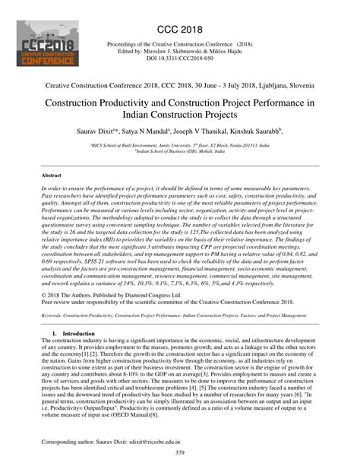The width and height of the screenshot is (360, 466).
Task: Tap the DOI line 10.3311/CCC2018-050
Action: [180, 59]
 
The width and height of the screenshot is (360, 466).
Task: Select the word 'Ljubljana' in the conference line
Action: [261, 88]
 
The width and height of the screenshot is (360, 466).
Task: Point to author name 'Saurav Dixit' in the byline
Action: [98, 131]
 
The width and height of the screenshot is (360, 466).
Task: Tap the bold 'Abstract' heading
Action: [52, 175]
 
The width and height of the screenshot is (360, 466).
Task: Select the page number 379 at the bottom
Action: [179, 454]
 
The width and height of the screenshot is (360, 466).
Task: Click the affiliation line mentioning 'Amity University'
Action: [180, 144]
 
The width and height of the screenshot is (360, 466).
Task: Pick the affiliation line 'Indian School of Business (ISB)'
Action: [180, 151]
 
